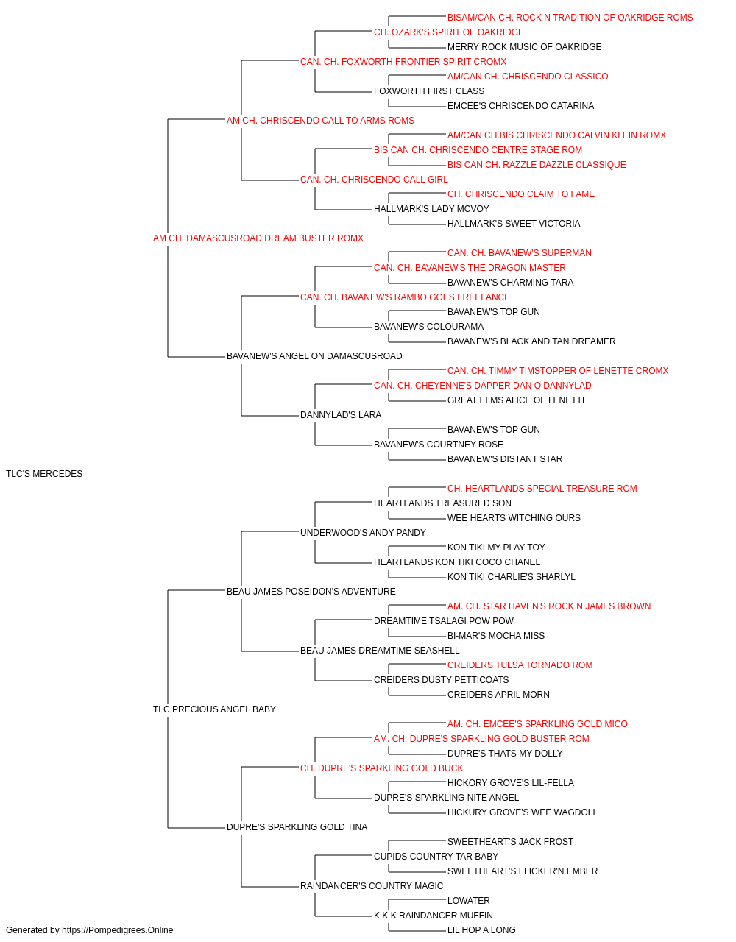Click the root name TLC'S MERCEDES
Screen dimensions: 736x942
tap(43, 474)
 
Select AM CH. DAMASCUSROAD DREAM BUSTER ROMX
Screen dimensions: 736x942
tap(258, 238)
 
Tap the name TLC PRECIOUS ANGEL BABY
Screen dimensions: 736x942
tap(214, 709)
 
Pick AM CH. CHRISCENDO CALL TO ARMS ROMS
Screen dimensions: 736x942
tap(320, 121)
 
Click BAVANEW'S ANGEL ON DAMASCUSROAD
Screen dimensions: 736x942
tap(314, 356)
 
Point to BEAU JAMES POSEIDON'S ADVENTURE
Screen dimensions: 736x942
tap(311, 591)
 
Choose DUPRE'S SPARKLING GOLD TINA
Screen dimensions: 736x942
tap(297, 827)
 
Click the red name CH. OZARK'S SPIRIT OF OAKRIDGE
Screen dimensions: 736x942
tap(449, 32)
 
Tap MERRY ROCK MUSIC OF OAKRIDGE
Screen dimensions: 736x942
tap(524, 47)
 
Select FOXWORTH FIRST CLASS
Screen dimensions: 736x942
tap(428, 91)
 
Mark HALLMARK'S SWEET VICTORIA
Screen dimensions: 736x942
tap(513, 224)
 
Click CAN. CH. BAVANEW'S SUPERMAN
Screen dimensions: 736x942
tap(520, 252)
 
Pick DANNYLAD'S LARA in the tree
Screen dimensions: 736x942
tap(341, 415)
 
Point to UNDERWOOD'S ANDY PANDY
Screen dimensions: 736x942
tap(363, 532)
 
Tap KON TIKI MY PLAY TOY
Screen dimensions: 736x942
tap(496, 547)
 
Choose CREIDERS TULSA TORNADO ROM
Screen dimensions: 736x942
tap(520, 665)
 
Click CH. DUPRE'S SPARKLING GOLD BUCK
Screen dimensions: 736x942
tap(381, 768)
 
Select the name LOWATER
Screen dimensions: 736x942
tap(469, 900)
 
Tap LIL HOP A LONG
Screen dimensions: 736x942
tap(481, 930)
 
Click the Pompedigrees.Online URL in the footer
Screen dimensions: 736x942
tap(117, 930)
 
